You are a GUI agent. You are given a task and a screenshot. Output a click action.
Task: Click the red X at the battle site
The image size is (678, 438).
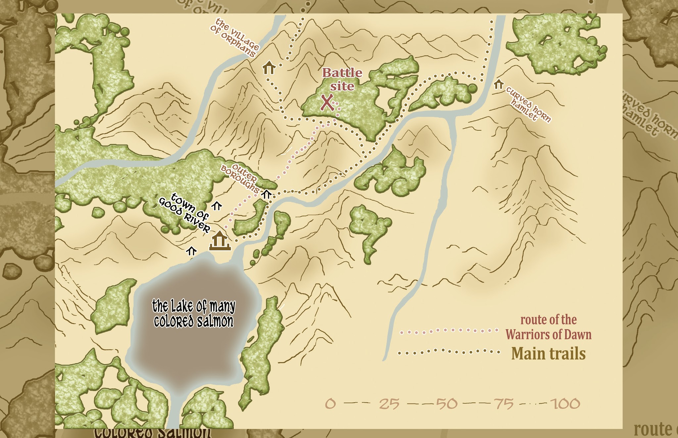tap(327, 102)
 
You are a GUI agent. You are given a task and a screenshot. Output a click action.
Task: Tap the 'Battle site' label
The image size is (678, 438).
tap(342, 79)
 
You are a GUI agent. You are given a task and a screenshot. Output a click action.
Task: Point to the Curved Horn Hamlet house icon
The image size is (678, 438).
tap(499, 84)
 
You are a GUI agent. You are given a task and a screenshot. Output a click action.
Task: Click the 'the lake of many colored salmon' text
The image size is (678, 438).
tap(194, 314)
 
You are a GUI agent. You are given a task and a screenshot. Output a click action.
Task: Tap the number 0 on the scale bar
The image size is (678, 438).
tap(330, 404)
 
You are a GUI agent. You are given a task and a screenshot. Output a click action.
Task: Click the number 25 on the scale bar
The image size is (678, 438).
tap(389, 404)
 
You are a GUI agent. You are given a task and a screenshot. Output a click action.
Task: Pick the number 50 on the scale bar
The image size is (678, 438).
tap(447, 404)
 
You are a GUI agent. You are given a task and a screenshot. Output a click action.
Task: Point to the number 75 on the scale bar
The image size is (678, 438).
tap(504, 404)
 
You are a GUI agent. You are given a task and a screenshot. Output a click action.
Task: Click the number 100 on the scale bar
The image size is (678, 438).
tap(565, 404)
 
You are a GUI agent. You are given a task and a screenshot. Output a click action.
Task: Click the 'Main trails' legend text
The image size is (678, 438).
tap(549, 354)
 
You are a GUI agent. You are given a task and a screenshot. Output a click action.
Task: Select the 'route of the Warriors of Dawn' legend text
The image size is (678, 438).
tap(549, 327)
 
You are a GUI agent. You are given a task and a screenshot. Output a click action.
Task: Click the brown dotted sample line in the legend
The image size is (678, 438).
tap(449, 352)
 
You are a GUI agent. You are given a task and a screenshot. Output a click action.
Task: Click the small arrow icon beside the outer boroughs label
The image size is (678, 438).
tap(266, 194)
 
